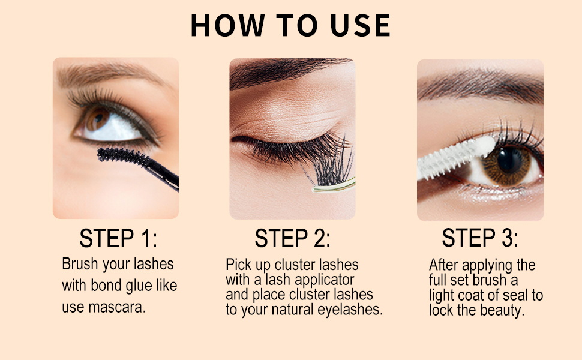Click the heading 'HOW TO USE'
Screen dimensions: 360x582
tap(290, 25)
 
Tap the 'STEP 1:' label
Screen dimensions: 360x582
tap(118, 238)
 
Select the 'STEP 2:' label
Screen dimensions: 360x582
tap(292, 238)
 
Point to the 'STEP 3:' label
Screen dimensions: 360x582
tap(480, 238)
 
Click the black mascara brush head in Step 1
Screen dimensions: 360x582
tap(123, 157)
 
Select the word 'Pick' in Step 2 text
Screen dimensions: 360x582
tap(239, 265)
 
